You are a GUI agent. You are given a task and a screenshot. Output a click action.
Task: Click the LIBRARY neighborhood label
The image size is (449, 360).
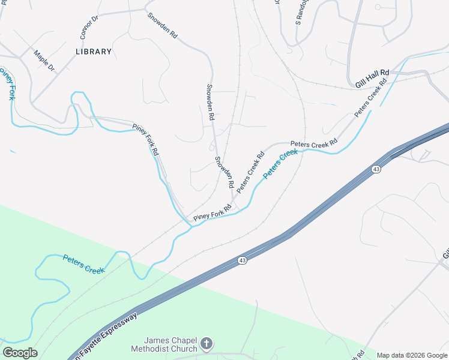pos(94,52)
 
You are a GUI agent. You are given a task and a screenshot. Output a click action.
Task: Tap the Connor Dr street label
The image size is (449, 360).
pos(89,25)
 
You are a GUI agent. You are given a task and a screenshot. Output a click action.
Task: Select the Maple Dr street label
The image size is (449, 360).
pos(44,61)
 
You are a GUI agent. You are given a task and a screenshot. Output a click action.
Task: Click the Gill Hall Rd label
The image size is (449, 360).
pos(372,79)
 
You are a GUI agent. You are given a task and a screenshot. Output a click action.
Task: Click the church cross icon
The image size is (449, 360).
pos(206,344)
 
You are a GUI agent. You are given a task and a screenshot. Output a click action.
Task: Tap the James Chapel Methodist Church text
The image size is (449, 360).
pos(165,344)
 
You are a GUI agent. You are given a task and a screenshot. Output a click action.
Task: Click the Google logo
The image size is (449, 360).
pos(20,353)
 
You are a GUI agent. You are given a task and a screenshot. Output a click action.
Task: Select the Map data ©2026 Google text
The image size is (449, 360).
pos(412,355)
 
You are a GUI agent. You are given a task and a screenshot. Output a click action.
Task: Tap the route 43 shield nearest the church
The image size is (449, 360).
pos(242,260)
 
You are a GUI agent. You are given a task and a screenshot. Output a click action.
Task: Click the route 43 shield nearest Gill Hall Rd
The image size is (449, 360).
pos(376,170)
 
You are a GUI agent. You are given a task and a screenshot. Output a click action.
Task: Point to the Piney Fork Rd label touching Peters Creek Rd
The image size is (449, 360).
pos(212,213)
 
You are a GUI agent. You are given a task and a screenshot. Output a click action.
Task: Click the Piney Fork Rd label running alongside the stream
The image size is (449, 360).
pos(146,139)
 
